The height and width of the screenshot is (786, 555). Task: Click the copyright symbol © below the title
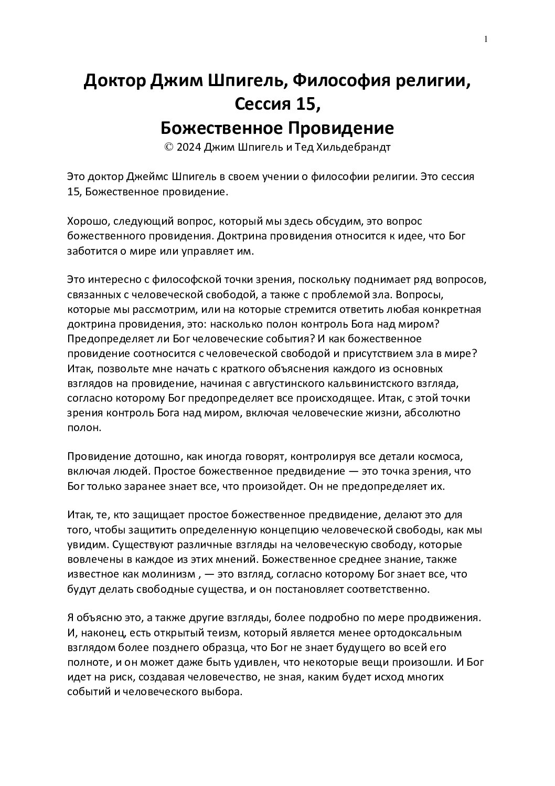pos(168,148)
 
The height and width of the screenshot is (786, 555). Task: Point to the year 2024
pos(188,148)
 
